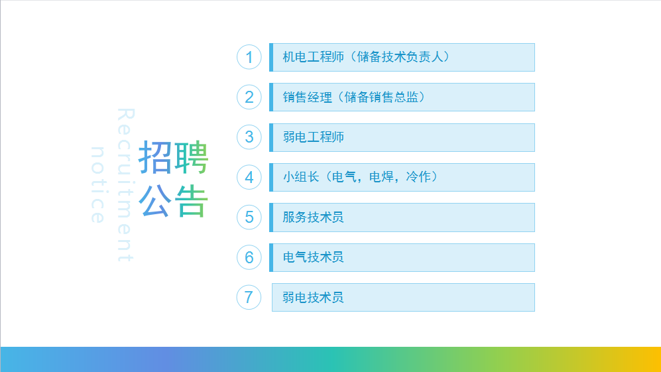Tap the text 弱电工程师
click(313, 137)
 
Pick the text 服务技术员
click(313, 217)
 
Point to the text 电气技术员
click(313, 257)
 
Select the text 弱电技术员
click(313, 297)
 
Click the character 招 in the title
click(155, 157)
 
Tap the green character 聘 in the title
click(192, 157)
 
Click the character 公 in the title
click(155, 201)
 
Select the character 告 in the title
click(192, 201)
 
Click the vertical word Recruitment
click(125, 185)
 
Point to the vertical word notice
click(97, 185)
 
